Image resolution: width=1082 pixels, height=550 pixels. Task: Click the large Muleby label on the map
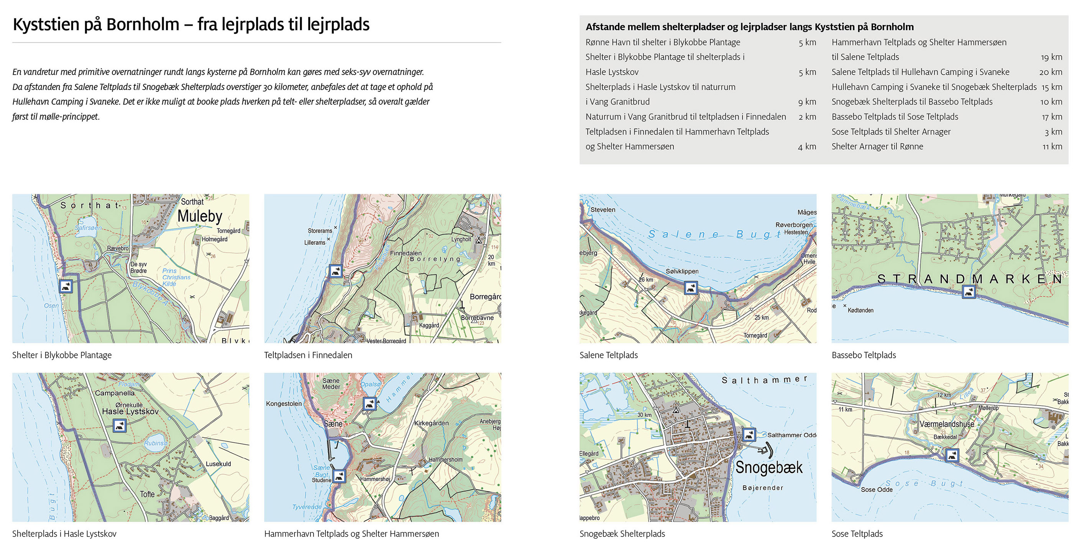(200, 216)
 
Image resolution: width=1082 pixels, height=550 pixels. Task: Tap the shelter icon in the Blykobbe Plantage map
(66, 286)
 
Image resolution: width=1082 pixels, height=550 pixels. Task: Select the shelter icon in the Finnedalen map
(335, 271)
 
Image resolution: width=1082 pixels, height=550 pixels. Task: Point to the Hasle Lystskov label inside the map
(130, 411)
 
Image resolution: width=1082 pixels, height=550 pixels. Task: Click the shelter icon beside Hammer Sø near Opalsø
(369, 404)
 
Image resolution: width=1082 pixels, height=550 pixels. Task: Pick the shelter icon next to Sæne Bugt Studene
(338, 476)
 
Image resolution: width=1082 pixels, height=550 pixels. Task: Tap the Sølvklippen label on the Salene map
(682, 272)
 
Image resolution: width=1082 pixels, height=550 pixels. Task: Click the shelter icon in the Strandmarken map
(969, 292)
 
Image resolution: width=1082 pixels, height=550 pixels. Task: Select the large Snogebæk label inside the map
(768, 467)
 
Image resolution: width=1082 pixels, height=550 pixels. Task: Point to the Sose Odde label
(877, 489)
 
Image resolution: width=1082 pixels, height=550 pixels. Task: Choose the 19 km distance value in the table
(1051, 57)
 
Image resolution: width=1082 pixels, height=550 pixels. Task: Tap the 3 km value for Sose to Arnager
(1053, 132)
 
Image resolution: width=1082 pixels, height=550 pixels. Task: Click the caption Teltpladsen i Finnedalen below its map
(308, 355)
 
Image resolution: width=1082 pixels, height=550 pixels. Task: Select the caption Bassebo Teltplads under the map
(864, 355)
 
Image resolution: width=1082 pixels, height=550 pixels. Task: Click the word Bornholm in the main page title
(143, 25)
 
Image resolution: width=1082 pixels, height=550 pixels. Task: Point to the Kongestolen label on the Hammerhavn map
(284, 403)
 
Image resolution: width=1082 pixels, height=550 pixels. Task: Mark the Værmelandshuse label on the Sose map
(947, 424)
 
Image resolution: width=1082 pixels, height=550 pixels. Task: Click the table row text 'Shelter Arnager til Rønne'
(877, 147)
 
